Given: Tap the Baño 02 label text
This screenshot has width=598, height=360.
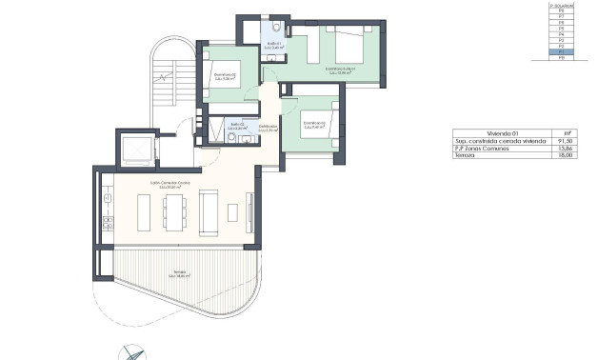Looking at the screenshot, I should (x=238, y=126).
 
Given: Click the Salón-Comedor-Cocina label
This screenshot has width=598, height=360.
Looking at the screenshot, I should (x=172, y=186).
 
